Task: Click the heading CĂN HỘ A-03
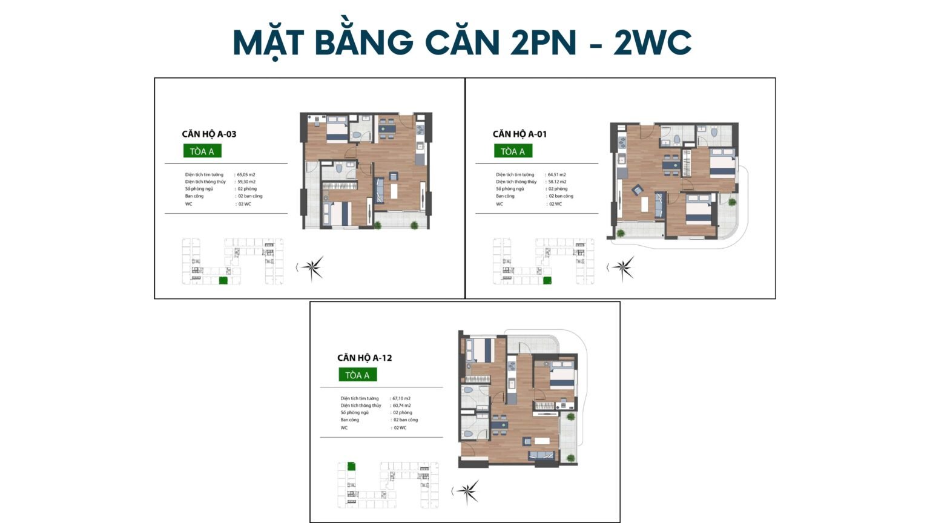coord(209,134)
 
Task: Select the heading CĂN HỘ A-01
coord(519,134)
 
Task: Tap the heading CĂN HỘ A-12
coord(364,358)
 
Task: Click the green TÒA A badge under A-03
coord(202,151)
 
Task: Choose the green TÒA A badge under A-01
coord(513,151)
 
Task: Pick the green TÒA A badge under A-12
coord(357,375)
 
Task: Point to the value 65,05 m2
coord(246,175)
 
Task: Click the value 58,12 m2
coord(556,182)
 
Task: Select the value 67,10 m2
coord(401,398)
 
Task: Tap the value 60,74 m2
coord(401,406)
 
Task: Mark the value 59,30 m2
coord(246,182)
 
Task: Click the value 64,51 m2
coord(556,175)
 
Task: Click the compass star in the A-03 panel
coord(312,268)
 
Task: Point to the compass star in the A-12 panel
coord(468,492)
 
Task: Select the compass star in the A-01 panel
coord(623,268)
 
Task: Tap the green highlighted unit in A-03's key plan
coord(223,280)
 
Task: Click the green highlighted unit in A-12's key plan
coord(351,466)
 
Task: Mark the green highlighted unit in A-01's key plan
coord(547,280)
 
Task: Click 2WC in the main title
coord(652,42)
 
